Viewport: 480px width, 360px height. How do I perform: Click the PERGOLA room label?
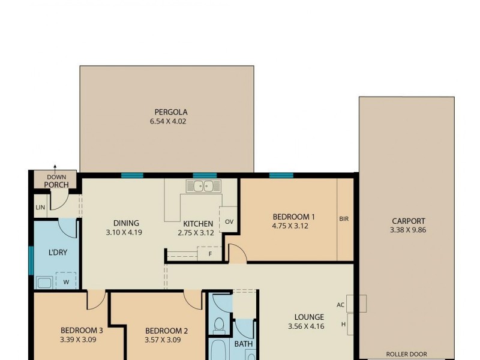click(x=171, y=112)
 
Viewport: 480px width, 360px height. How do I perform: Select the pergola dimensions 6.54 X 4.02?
click(x=171, y=121)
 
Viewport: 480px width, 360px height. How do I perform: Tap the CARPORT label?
click(x=408, y=221)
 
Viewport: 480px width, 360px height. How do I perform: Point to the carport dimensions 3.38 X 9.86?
click(x=408, y=230)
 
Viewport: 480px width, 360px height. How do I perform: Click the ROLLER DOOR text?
click(x=406, y=354)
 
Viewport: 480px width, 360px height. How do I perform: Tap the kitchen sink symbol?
click(x=203, y=186)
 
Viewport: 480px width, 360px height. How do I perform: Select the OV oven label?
click(x=229, y=222)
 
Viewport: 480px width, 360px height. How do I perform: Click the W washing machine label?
click(x=65, y=281)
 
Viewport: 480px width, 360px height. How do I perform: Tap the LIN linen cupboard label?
click(x=40, y=207)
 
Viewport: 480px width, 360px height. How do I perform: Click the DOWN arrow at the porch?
click(x=55, y=169)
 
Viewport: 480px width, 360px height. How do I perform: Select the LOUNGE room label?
click(x=309, y=317)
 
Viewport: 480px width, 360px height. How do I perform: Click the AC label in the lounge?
click(x=340, y=305)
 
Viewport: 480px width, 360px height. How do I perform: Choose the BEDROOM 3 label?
click(x=82, y=330)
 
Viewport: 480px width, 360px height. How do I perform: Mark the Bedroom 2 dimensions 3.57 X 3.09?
click(x=164, y=340)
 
